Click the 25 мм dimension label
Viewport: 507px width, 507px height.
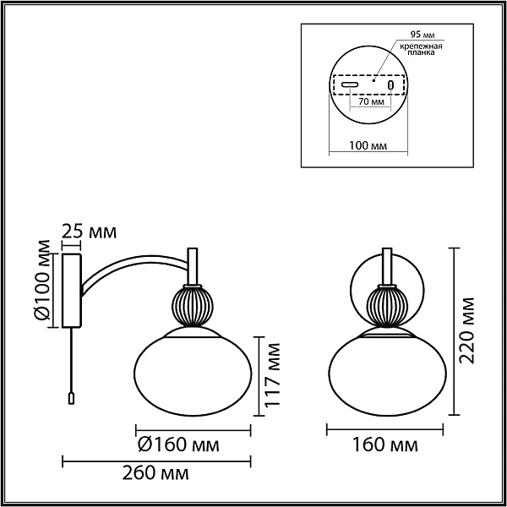tap(89, 232)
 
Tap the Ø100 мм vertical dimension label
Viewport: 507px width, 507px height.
tap(42, 280)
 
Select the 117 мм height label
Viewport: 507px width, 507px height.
tap(270, 374)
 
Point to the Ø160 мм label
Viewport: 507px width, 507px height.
tap(178, 444)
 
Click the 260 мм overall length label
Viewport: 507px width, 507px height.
tap(155, 473)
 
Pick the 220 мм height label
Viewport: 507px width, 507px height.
tap(466, 330)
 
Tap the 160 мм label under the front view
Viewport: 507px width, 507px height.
tap(384, 444)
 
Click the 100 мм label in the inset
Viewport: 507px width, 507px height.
tap(368, 146)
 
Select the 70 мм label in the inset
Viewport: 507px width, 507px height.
tap(372, 101)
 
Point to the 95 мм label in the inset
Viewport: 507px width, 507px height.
tap(422, 35)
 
